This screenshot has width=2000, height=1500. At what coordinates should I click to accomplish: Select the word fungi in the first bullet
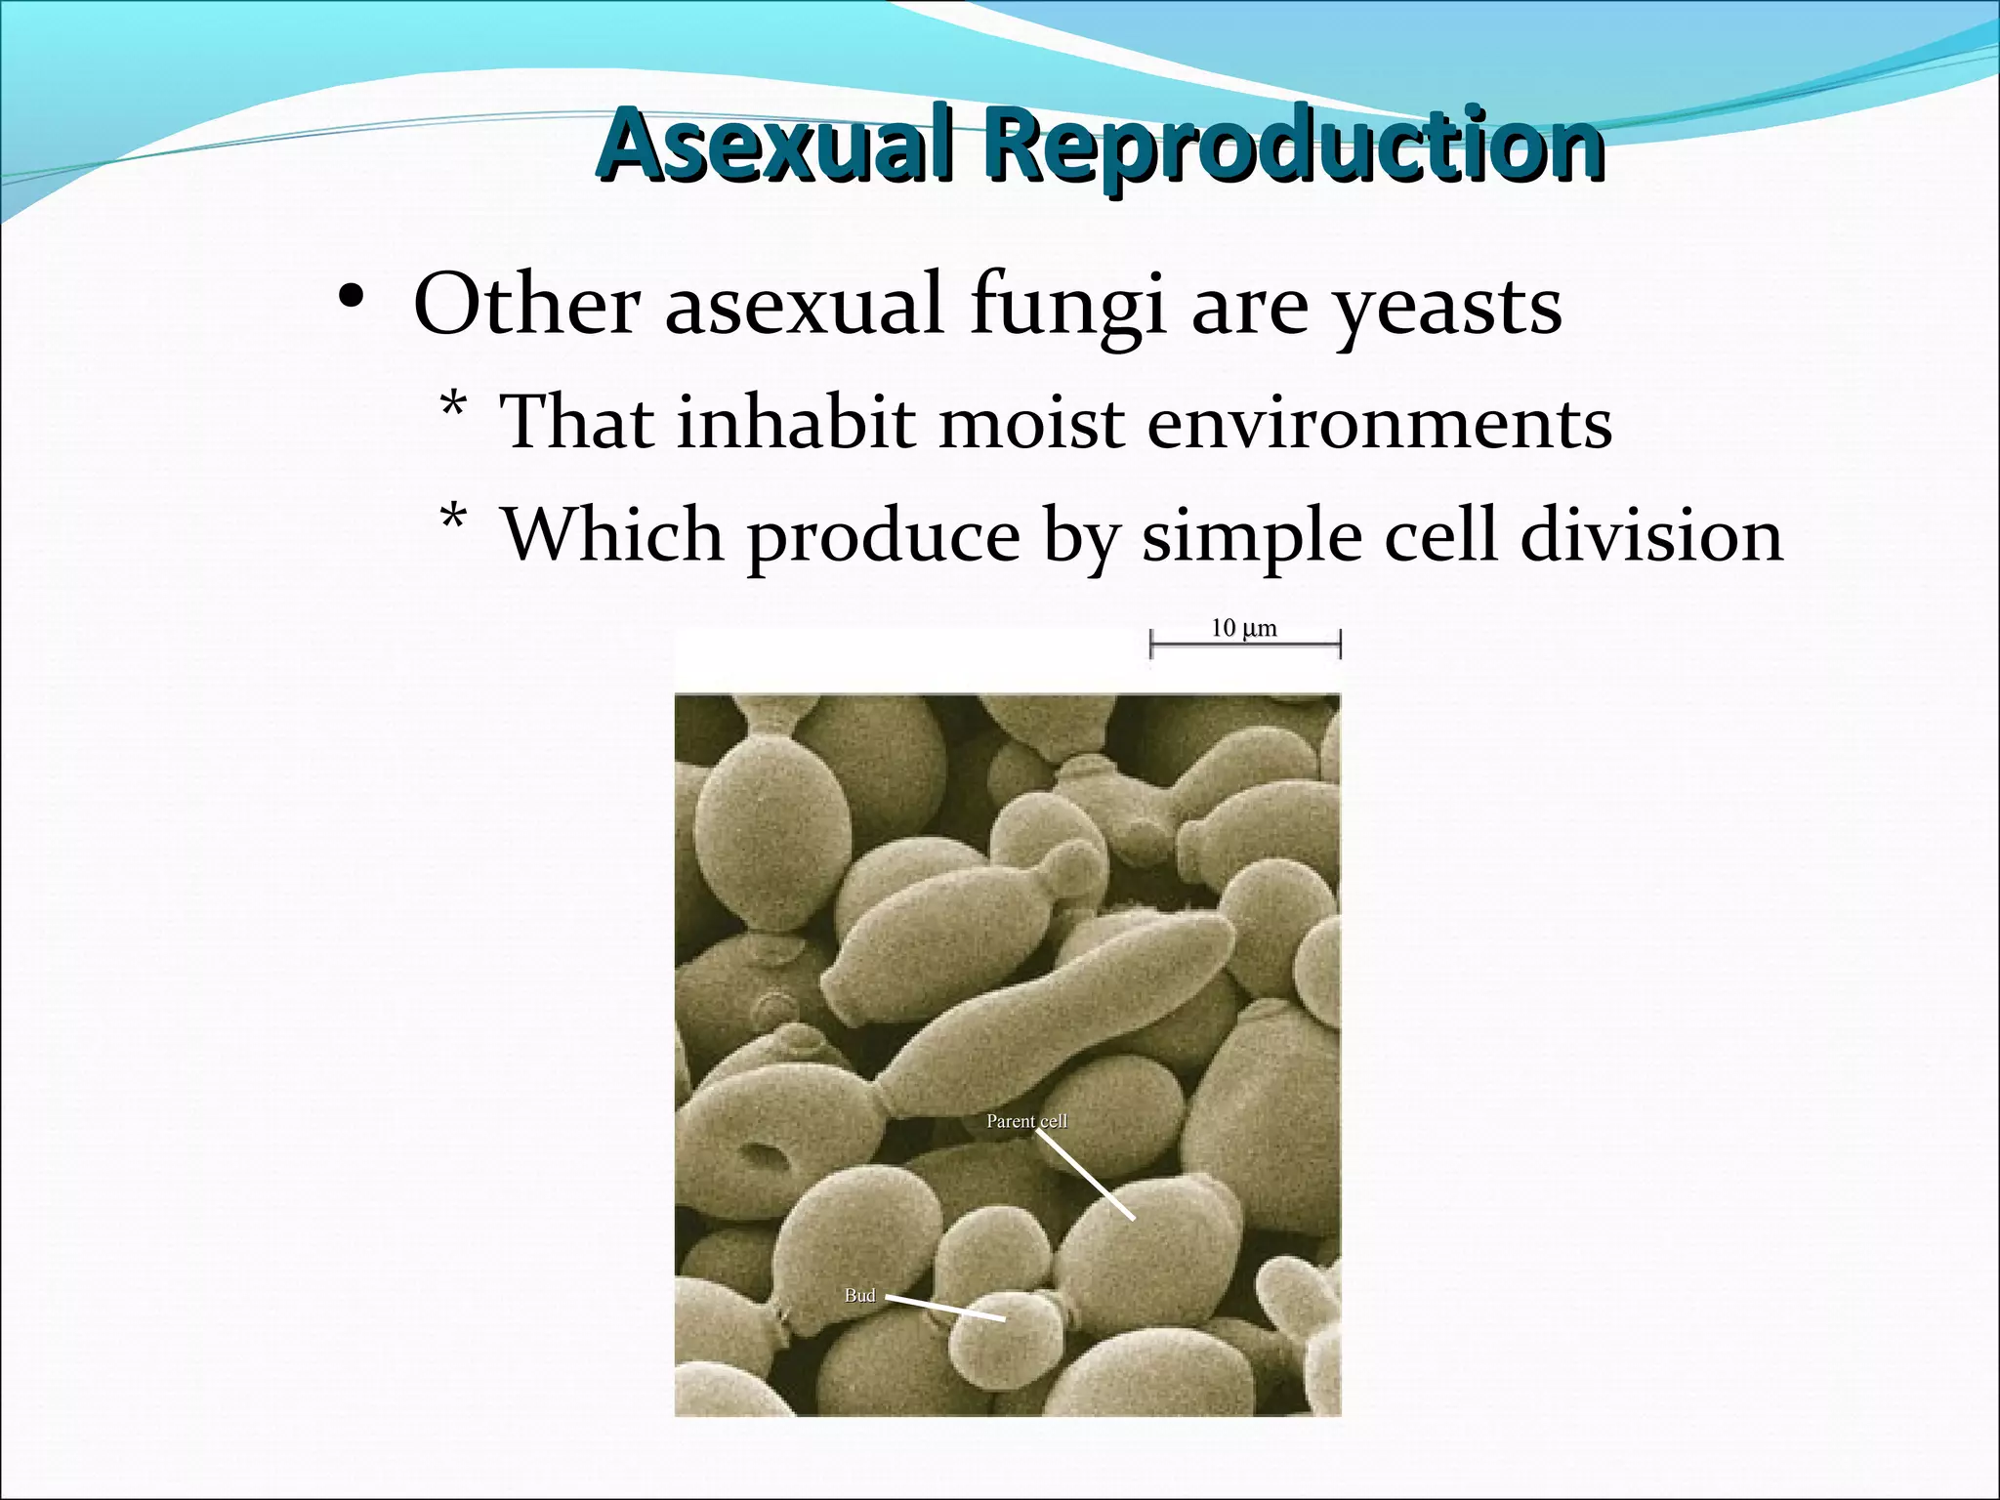[1068, 306]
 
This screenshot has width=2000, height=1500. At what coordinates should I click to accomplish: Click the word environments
[1379, 423]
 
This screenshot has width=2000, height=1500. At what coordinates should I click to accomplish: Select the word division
[1651, 535]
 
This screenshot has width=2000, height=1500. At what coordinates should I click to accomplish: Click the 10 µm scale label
[1243, 628]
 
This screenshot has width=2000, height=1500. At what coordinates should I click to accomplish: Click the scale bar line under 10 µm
[1245, 644]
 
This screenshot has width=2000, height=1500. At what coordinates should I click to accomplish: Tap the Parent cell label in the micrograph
[1026, 1121]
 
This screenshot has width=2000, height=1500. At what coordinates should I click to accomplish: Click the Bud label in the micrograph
[859, 1295]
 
